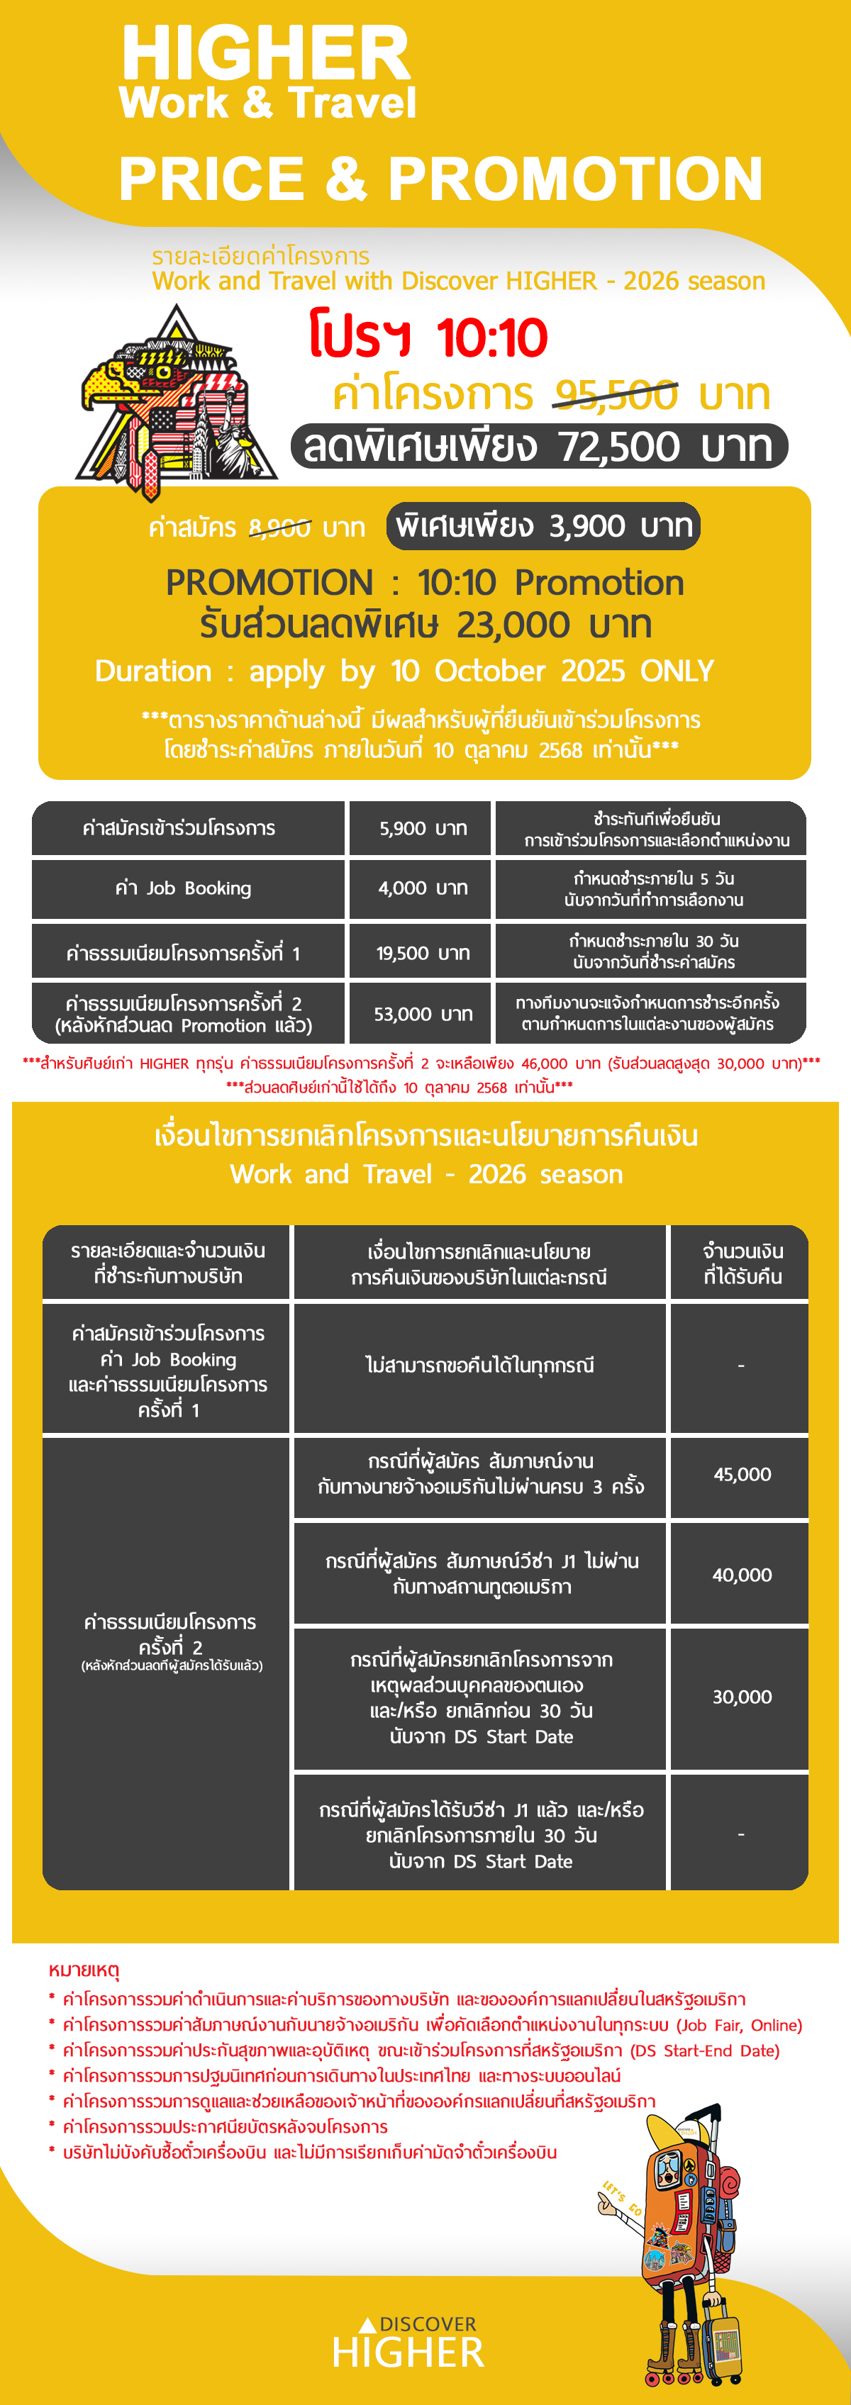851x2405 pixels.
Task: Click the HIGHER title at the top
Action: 266,54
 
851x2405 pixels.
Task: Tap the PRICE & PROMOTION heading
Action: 440,179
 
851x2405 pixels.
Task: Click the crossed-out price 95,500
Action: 616,395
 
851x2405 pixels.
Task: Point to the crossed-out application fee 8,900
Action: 279,528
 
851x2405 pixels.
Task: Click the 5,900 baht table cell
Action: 422,828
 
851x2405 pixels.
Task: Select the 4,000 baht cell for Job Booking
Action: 422,888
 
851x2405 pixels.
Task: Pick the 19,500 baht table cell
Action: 422,952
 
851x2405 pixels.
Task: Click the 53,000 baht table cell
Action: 422,1013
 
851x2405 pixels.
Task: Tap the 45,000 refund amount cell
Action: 742,1474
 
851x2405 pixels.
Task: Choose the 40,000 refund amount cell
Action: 742,1575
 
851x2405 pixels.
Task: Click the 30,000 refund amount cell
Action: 742,1697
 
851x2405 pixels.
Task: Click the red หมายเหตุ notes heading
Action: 84,1970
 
